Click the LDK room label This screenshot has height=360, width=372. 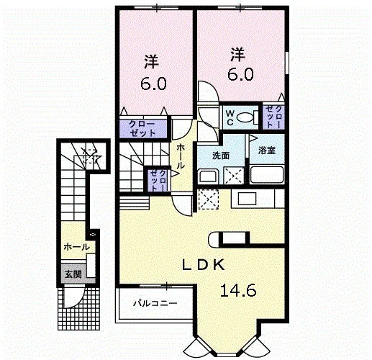point(204,265)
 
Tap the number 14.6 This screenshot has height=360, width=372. point(238,290)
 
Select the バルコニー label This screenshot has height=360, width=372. point(155,303)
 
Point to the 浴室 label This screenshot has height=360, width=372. point(267,150)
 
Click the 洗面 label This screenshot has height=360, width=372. point(221,156)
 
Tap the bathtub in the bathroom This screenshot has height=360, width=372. point(267,174)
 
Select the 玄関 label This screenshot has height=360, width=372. point(73,274)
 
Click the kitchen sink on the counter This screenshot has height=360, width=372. point(247,199)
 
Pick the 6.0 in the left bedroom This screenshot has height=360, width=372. point(153,84)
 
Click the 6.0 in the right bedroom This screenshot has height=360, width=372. point(240,74)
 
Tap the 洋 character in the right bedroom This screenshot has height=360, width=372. point(238,55)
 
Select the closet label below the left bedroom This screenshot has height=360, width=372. point(142,129)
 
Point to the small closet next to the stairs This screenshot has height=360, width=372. point(158,180)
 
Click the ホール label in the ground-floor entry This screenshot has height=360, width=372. point(77,247)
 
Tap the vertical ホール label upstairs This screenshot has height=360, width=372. point(181,156)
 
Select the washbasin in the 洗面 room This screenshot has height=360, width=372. point(208,176)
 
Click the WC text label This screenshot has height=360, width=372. point(230,117)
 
